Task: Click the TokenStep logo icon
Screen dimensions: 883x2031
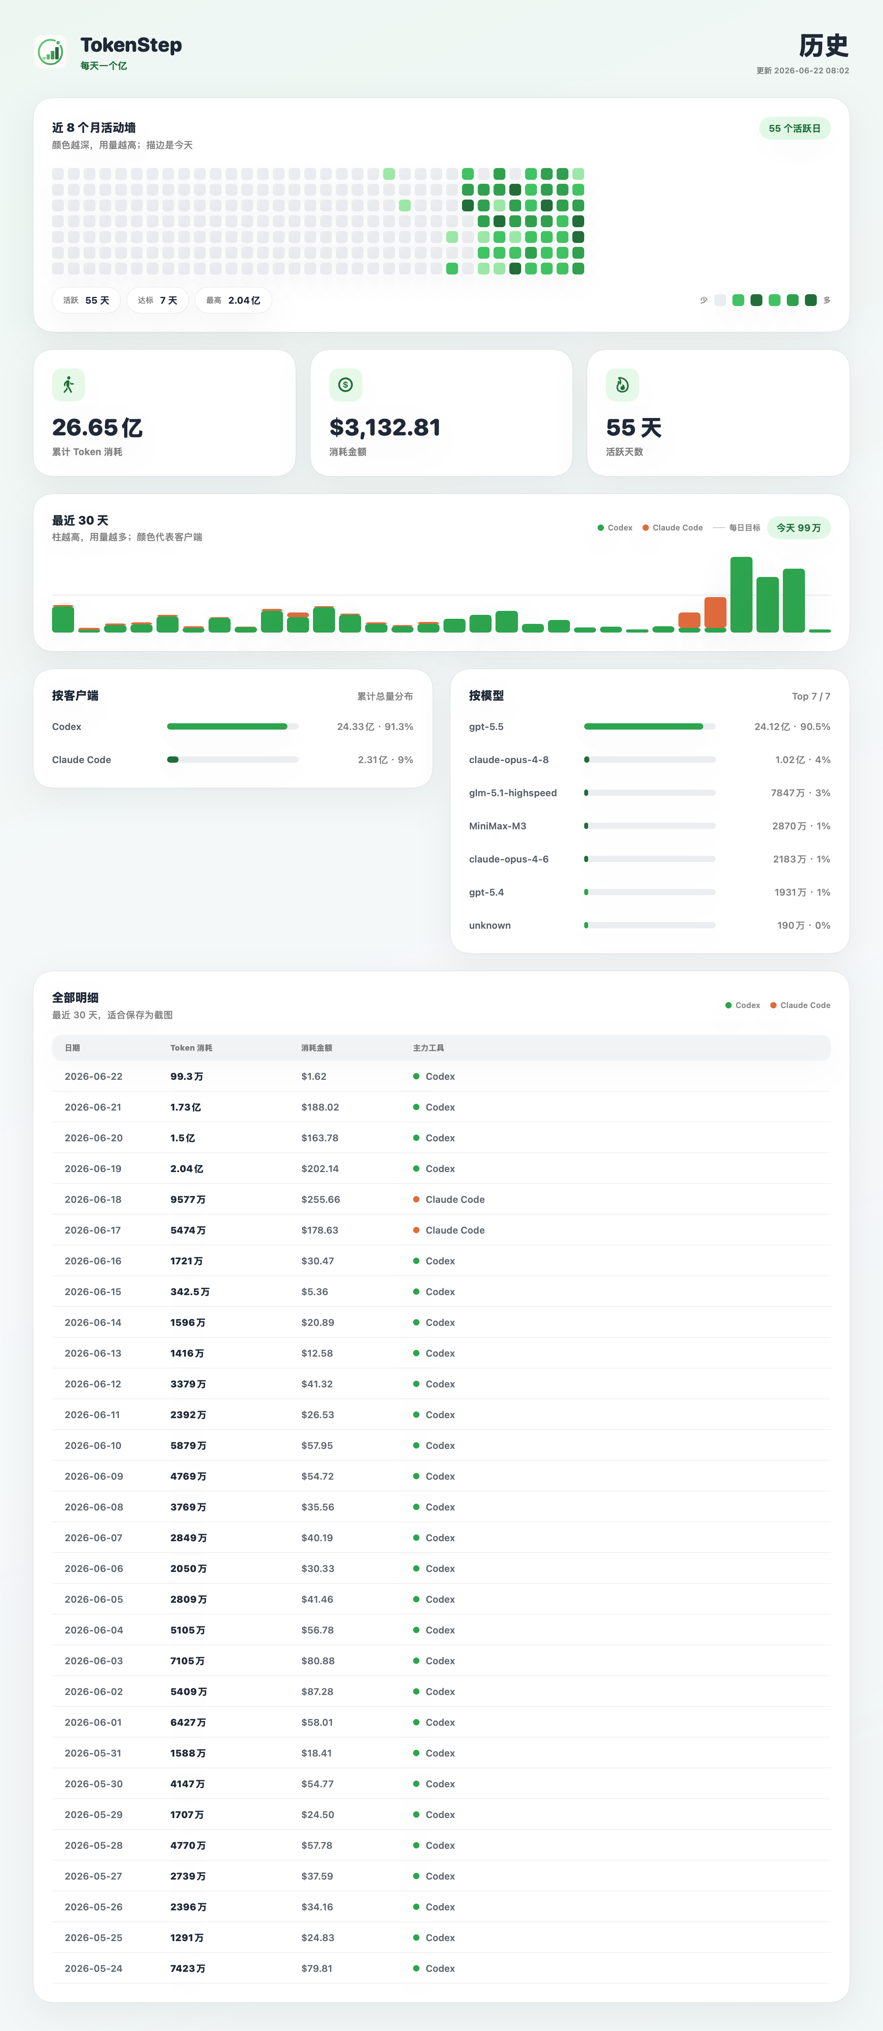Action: [50, 52]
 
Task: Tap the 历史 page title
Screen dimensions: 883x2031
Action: [824, 46]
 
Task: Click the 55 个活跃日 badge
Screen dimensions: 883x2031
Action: [795, 129]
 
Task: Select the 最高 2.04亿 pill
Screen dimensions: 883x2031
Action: [233, 301]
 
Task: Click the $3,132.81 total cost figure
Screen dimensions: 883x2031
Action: [385, 427]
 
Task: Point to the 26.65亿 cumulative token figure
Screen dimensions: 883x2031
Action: [97, 427]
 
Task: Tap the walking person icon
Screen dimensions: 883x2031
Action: [69, 385]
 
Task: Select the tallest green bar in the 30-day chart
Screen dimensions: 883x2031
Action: [741, 594]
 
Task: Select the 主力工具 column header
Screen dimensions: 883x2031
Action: [428, 1048]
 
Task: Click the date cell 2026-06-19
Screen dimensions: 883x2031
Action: [93, 1169]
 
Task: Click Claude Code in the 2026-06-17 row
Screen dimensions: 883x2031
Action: [455, 1230]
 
